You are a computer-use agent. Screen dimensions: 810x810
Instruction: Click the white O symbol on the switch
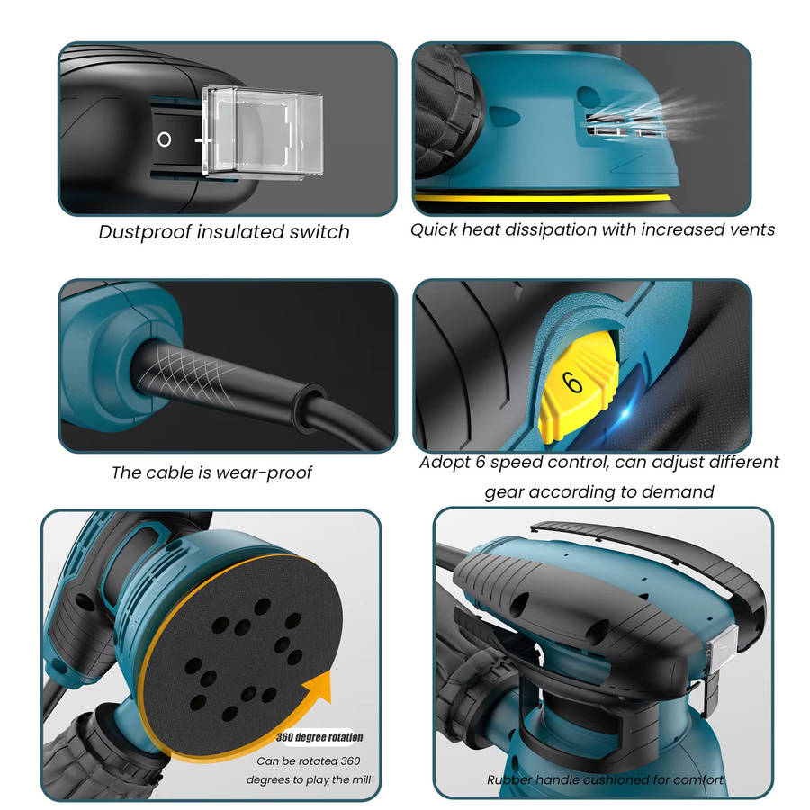165,139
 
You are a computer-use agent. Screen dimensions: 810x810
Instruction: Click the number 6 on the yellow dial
572,382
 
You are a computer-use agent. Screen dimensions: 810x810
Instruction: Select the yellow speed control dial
579,386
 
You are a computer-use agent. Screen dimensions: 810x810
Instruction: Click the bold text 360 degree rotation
319,737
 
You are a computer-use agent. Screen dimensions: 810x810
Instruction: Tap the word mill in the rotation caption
361,779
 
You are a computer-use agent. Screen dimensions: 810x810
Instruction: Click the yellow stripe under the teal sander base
543,198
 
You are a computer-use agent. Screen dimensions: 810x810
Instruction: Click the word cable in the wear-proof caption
172,472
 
